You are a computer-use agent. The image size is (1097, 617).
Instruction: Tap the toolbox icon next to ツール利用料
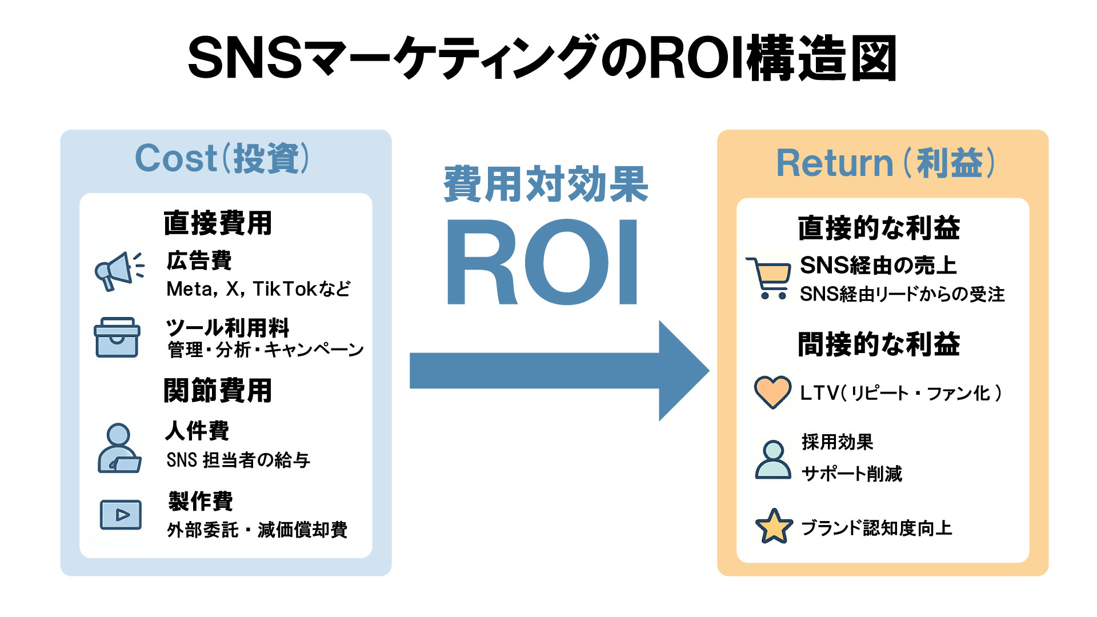point(117,338)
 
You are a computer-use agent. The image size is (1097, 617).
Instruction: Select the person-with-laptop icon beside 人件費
point(119,448)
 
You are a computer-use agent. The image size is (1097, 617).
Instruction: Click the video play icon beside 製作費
point(121,515)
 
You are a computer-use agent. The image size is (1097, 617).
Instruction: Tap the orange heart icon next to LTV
point(772,392)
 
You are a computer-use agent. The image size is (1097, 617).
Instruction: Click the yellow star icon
point(774,527)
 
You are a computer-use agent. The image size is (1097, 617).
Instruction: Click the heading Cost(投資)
point(222,158)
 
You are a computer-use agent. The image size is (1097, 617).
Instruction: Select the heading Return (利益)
point(885,163)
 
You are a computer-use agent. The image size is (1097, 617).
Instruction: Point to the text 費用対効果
point(546,185)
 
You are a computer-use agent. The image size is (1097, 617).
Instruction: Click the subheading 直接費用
point(218,223)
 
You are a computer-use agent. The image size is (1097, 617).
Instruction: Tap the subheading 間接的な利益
point(879,344)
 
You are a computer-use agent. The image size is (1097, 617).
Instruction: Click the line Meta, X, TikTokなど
point(258,289)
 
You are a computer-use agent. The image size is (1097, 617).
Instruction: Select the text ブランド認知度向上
point(876,528)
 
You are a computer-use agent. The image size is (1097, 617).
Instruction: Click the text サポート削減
point(851,474)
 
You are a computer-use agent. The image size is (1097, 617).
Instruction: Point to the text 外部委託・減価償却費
point(257,530)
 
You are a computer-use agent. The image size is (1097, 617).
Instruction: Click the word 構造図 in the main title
point(822,59)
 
